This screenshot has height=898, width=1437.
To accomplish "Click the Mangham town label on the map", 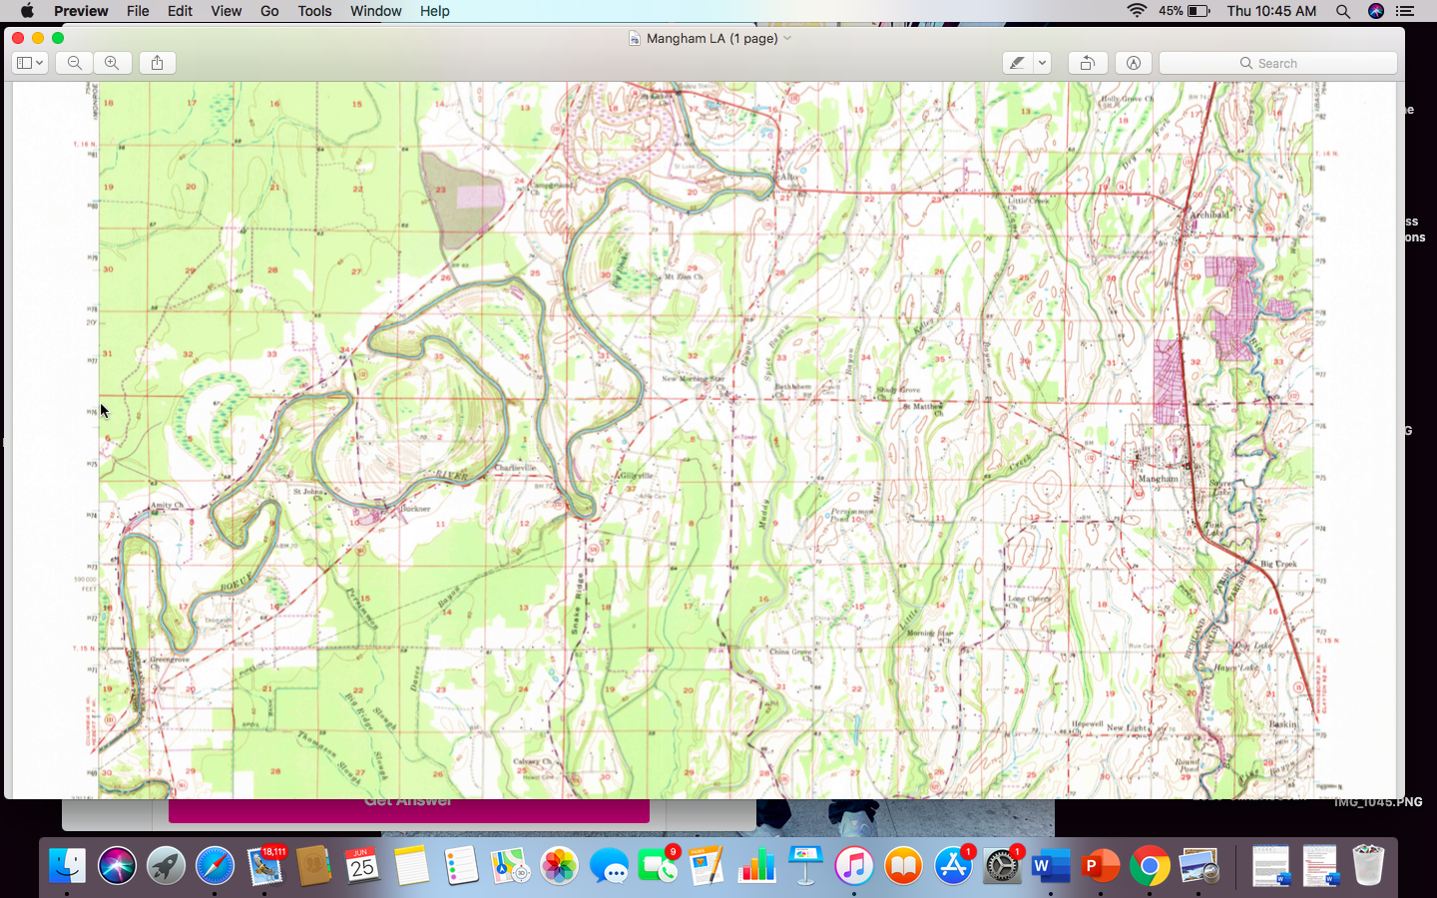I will tap(1158, 479).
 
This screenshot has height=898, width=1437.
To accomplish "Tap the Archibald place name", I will tap(1208, 215).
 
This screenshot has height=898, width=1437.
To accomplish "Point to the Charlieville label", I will tap(515, 468).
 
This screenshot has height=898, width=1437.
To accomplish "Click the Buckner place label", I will tap(414, 509).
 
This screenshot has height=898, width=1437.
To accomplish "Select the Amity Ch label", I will tap(166, 506).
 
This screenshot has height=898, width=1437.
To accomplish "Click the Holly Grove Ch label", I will tap(1127, 100).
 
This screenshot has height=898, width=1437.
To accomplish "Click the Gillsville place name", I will tap(636, 476).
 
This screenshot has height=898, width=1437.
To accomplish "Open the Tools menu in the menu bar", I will tap(314, 11).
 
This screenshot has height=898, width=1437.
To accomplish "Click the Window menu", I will tap(375, 11).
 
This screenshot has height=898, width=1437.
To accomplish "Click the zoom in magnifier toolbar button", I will tap(112, 63).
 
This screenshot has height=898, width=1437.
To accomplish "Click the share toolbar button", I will tap(157, 63).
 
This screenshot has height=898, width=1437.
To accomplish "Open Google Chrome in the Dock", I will tap(1150, 865).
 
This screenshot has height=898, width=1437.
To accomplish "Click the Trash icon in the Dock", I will tap(1367, 865).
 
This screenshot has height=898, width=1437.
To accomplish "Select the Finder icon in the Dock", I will tap(67, 865).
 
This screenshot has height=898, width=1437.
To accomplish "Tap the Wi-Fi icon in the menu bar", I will tap(1136, 11).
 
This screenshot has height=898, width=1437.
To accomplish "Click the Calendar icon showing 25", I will tap(361, 865).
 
